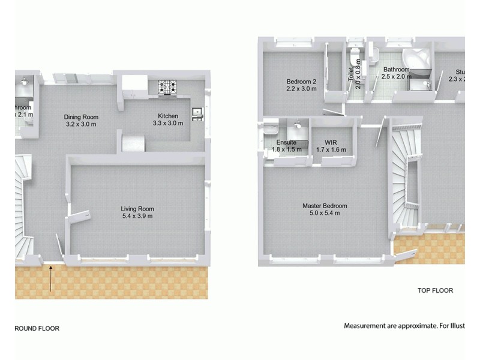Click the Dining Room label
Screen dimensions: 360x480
tap(82, 117)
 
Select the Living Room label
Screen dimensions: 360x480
tap(137, 209)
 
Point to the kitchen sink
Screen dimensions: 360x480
tap(197, 112)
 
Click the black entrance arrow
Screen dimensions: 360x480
tap(52, 279)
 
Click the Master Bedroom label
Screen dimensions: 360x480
tap(325, 206)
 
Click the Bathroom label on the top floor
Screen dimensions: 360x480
tap(396, 70)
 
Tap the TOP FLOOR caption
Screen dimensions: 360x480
tap(435, 290)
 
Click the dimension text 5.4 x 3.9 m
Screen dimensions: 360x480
tap(137, 216)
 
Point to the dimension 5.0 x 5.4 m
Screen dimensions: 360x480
tap(325, 213)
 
